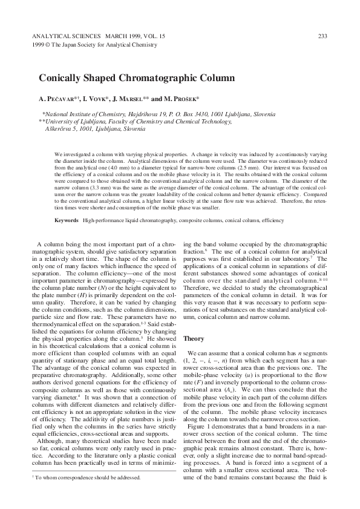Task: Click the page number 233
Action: (x=322, y=36)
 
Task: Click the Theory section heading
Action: (x=194, y=338)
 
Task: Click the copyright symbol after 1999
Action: (x=47, y=44)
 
